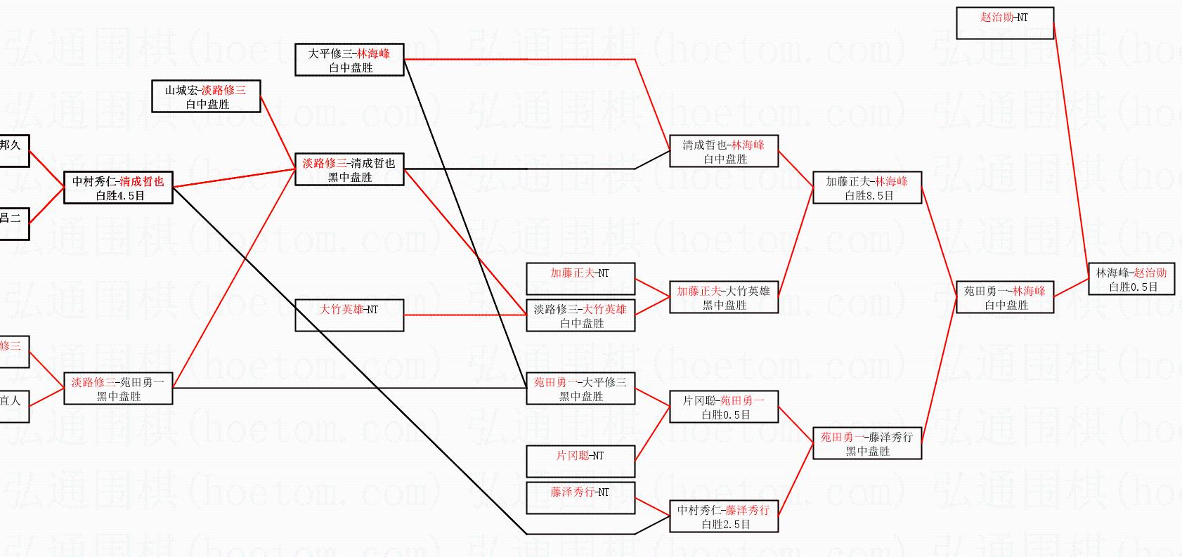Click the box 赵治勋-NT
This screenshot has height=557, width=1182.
[1005, 23]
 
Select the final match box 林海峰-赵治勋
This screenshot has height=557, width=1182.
[1131, 279]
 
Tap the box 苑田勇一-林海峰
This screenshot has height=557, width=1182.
[1005, 297]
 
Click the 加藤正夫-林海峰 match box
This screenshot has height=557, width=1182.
[866, 188]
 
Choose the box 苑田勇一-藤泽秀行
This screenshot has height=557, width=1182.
[866, 443]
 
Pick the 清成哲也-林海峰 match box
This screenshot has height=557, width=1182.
[724, 151]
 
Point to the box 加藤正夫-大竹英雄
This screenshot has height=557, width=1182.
[724, 297]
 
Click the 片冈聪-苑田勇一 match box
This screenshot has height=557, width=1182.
[724, 407]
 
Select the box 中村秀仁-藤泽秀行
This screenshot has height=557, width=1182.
[724, 516]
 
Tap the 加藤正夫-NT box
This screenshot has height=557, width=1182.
[580, 279]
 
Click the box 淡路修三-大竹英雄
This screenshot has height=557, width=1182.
[580, 315]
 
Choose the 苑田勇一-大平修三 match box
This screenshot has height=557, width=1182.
[580, 388]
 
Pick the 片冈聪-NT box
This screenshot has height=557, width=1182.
[580, 461]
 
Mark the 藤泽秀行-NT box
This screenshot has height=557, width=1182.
[580, 498]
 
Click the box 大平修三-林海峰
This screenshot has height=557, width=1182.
[349, 60]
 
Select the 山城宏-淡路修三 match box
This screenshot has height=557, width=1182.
[207, 96]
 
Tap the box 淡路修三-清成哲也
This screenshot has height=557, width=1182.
[349, 169]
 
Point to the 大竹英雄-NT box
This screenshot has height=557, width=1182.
[349, 315]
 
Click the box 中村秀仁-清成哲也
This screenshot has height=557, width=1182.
[118, 188]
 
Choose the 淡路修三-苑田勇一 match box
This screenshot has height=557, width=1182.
[118, 388]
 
